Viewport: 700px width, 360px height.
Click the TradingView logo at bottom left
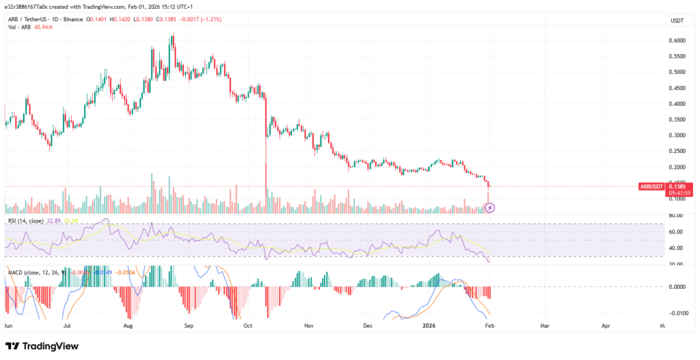(43, 346)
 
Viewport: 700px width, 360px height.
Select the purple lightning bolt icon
(489, 206)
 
